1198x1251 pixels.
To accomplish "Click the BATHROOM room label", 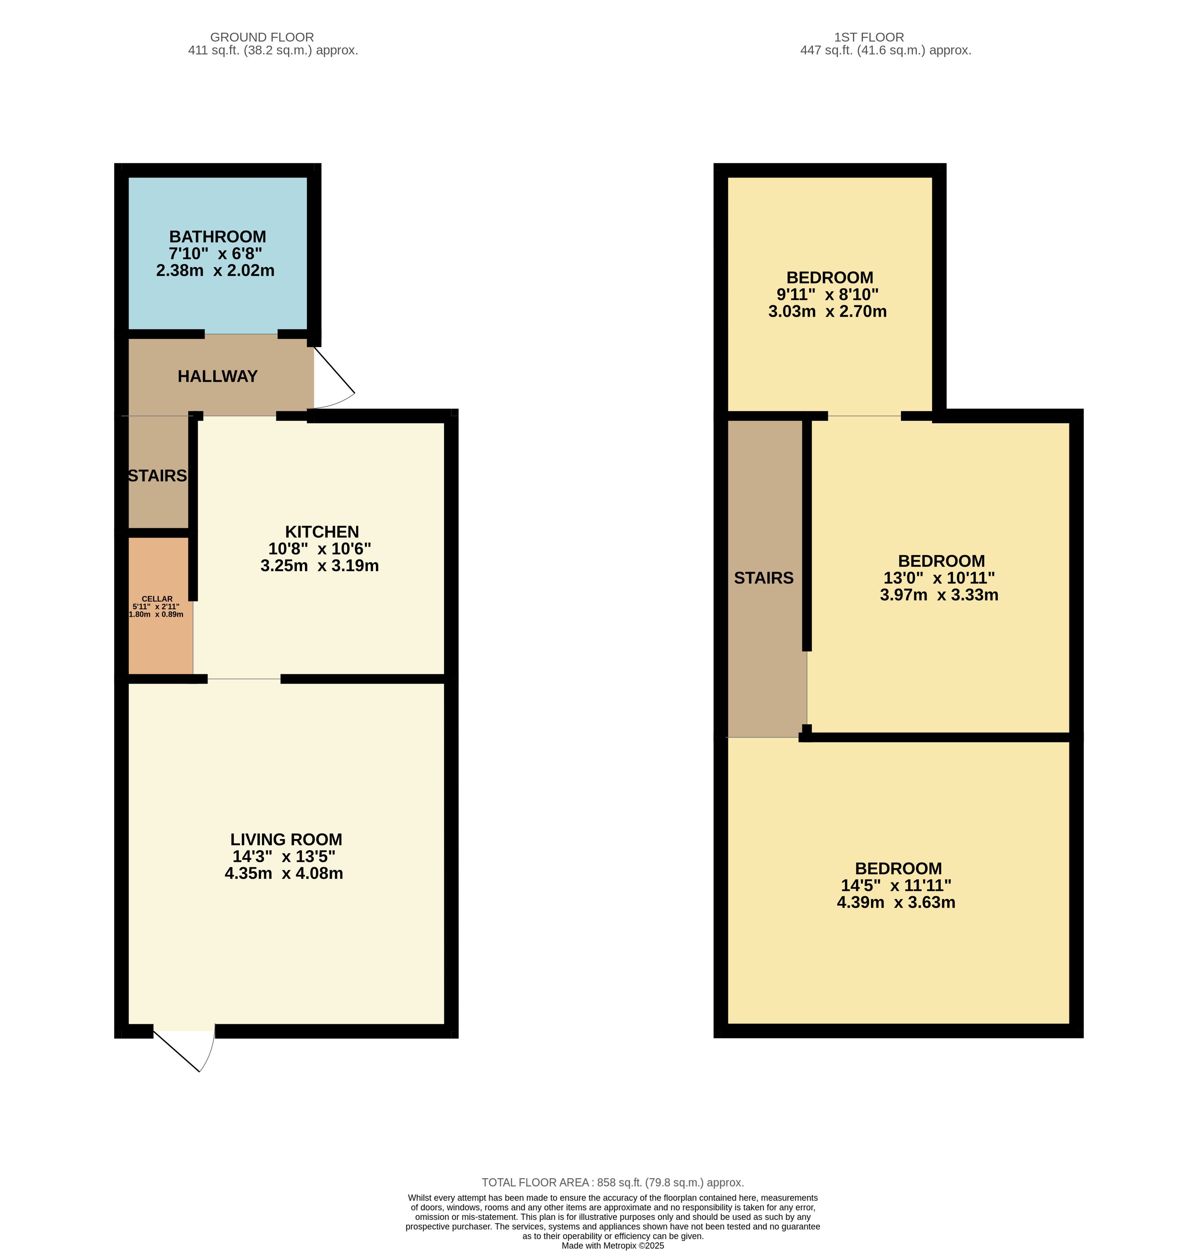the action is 217,236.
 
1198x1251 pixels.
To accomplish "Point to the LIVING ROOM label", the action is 286,839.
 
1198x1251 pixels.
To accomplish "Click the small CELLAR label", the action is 157,599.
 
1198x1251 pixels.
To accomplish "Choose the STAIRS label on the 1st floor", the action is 763,578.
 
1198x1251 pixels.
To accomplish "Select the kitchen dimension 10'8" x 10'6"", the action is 320,548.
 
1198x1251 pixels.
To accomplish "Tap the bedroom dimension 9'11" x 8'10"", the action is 827,294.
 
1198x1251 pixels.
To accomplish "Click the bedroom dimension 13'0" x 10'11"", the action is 939,578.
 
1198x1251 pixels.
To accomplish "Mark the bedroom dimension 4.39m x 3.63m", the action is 896,902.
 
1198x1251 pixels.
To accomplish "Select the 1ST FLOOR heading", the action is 869,37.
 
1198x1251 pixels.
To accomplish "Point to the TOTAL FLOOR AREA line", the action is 612,1182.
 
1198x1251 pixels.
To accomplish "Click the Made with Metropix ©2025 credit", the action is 612,1245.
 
